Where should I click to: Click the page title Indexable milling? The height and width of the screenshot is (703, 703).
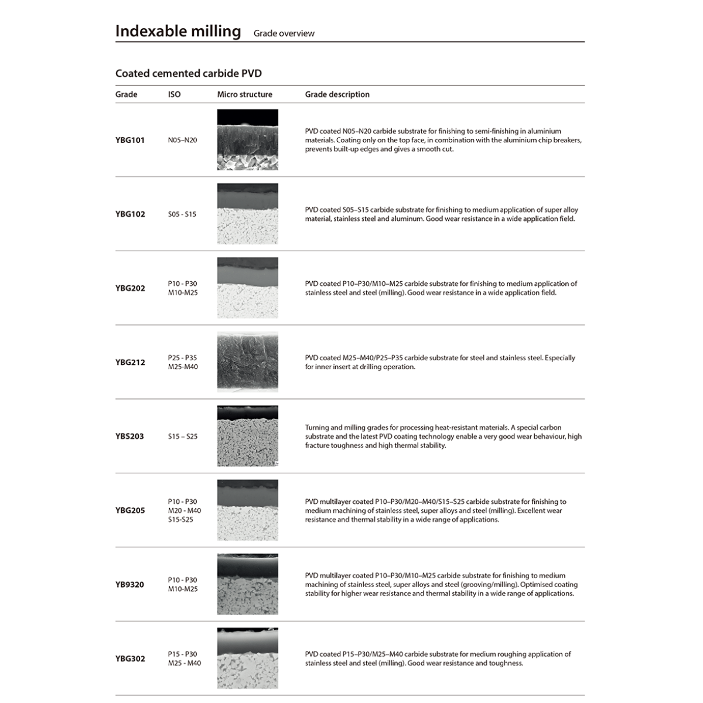click(x=178, y=31)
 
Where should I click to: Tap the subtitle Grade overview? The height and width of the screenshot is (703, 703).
click(x=284, y=33)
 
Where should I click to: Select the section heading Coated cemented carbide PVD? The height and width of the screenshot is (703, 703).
click(x=188, y=73)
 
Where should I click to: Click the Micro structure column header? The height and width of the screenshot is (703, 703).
click(x=244, y=94)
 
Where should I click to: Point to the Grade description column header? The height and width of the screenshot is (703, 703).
click(x=337, y=94)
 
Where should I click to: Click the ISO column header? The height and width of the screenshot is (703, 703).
click(x=174, y=94)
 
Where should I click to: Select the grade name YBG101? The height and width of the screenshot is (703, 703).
click(x=129, y=140)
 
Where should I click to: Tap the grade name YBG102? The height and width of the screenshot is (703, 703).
click(x=129, y=214)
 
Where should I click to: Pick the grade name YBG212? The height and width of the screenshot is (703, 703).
click(x=129, y=362)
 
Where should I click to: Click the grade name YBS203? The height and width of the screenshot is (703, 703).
click(x=129, y=436)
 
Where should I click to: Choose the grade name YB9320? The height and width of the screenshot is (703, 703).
click(x=129, y=585)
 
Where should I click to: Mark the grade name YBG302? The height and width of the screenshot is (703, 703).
click(x=129, y=658)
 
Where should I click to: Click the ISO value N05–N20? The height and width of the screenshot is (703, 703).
click(x=182, y=140)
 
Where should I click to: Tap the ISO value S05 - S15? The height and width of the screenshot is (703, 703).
click(x=182, y=214)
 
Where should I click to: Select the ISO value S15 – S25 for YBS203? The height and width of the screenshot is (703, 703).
click(x=182, y=436)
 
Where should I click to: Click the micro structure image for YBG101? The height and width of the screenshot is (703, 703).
click(x=247, y=139)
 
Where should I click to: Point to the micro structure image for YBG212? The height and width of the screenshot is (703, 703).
click(x=247, y=362)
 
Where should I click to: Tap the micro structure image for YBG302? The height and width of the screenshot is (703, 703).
click(x=247, y=658)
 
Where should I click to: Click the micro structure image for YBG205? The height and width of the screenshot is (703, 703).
click(x=247, y=510)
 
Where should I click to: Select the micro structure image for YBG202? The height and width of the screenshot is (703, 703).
click(x=247, y=288)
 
